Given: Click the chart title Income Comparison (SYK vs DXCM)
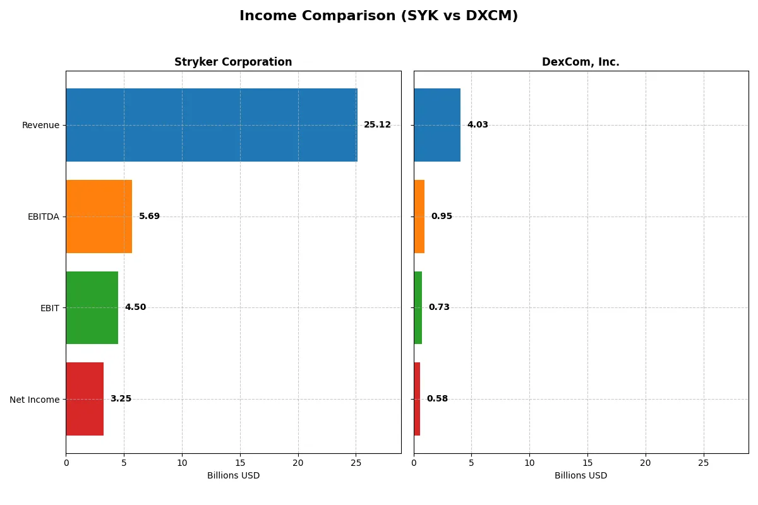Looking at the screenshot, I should pos(378,16).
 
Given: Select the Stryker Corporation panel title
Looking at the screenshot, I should pos(233,62).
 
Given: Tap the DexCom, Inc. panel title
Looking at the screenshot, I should pos(581,62).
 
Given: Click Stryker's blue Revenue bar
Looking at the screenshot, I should pos(212,125).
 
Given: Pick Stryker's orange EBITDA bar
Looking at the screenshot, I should pos(99,217).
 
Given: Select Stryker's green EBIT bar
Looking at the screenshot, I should pos(92,307).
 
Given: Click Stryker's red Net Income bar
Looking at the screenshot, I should pos(85,399).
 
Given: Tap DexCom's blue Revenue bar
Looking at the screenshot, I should pos(437,125).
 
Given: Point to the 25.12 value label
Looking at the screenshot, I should pos(377,125).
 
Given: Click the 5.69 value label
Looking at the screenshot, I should pos(149,217).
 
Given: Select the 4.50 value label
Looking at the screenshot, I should pos(135,307).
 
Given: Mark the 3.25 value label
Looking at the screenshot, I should pos(121,399).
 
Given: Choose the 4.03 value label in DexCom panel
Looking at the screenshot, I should pos(478,125).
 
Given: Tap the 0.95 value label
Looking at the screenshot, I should pos(442,217).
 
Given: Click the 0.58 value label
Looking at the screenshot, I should pos(437,399).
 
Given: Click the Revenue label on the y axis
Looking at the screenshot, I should pos(40,125).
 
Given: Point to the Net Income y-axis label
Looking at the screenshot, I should pos(35,399).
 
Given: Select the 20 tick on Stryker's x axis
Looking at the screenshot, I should pos(298,463).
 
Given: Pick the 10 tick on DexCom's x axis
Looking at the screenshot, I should pos(529,463).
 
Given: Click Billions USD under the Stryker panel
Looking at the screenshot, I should pos(233,475).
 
